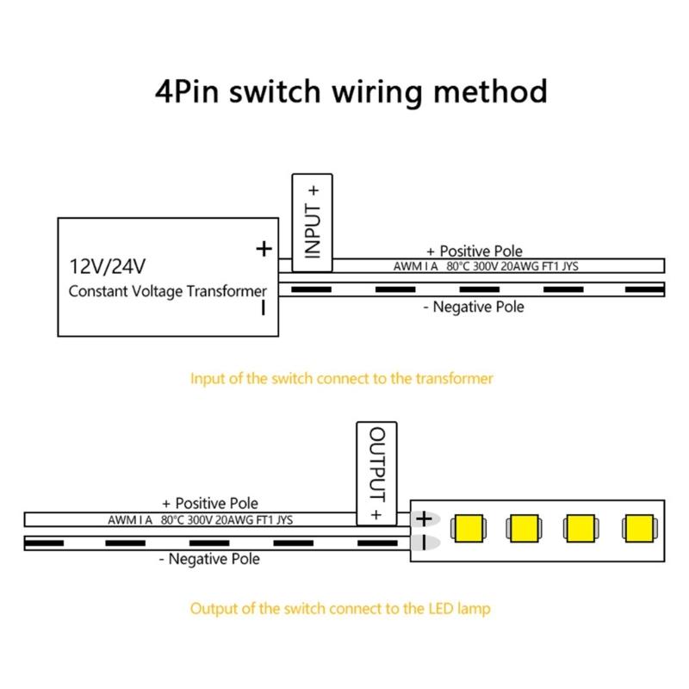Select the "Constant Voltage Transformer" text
tap(168, 291)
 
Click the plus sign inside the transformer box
tap(264, 249)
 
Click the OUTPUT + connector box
tap(376, 473)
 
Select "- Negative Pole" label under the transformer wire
tap(473, 307)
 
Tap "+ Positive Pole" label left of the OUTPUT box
tap(209, 503)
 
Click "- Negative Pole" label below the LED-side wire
tap(208, 559)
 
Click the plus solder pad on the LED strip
tap(423, 519)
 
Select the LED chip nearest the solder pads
tap(471, 528)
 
